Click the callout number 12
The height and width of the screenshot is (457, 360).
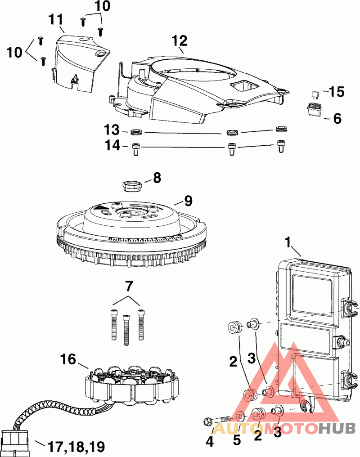(179, 41)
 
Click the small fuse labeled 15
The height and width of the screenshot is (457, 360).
(315, 94)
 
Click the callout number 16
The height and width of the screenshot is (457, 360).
(69, 359)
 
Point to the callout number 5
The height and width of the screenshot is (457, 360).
(237, 440)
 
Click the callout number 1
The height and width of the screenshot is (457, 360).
(288, 243)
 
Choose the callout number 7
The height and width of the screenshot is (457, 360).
(129, 285)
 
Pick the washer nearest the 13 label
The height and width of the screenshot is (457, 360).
(136, 133)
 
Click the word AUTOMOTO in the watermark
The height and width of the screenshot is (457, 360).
(265, 428)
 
